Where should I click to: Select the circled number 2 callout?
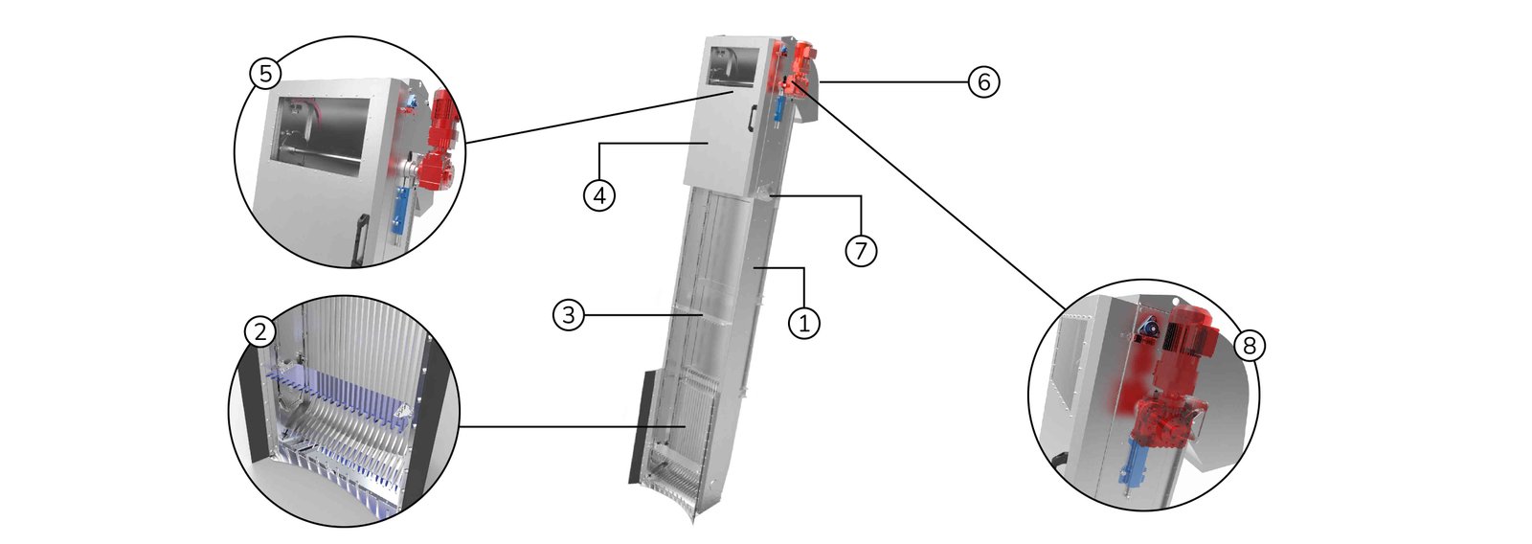coord(260,331)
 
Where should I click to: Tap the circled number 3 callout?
coord(569,315)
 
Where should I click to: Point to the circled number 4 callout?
coord(598,195)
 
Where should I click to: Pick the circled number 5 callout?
coord(265,73)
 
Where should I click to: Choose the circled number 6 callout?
coord(982,83)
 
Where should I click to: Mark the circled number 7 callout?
coord(861,250)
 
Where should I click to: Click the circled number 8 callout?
coord(1249,345)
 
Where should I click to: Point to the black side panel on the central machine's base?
coord(640,427)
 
